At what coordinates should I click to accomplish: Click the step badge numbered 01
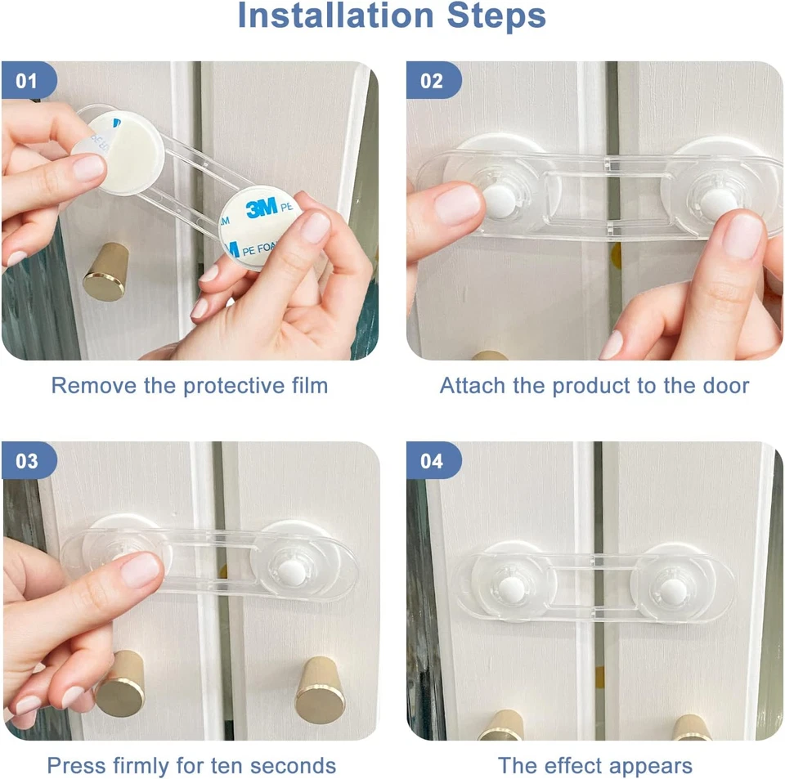click(29, 80)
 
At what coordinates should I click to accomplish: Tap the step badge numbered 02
click(433, 80)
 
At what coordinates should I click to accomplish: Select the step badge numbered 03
click(29, 460)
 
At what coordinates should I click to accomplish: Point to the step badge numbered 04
click(433, 460)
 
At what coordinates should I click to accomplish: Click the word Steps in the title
click(496, 16)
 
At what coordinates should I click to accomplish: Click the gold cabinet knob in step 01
click(106, 271)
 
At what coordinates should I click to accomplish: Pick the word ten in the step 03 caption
click(227, 766)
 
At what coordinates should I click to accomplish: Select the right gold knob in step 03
click(320, 691)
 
